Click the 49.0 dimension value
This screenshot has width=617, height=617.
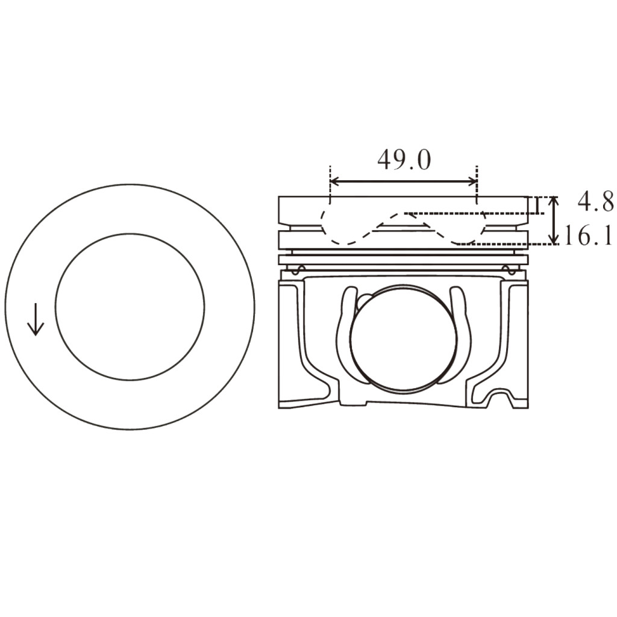coord(404,160)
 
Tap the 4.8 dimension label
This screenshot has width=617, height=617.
coord(595,202)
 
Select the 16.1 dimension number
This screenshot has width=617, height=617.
coord(588,235)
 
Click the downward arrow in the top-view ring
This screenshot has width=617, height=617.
coord(36,319)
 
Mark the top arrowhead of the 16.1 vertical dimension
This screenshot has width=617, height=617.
coord(554,200)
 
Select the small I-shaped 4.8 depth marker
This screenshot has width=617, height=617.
coord(536,205)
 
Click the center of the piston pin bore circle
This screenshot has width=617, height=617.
coord(402,337)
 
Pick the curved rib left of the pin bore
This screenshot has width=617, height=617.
coord(345,334)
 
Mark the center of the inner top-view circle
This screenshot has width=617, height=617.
coord(130,307)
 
